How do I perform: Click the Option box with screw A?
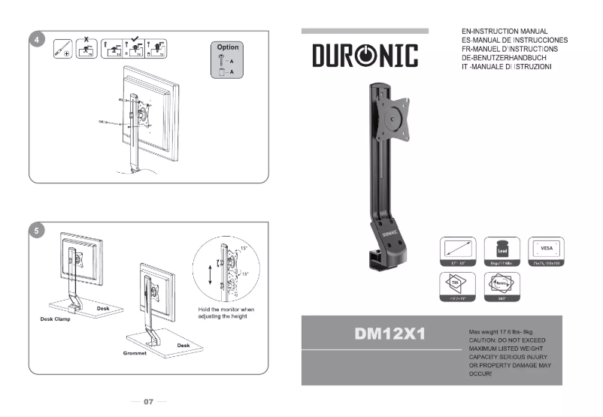pyautogui.click(x=228, y=60)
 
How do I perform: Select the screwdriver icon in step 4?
pyautogui.click(x=63, y=50)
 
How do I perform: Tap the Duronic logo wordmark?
pyautogui.click(x=365, y=56)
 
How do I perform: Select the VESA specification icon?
pyautogui.click(x=547, y=249)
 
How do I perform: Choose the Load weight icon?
pyautogui.click(x=501, y=249)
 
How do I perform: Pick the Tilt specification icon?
pyautogui.click(x=456, y=285)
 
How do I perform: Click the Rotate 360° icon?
pyautogui.click(x=501, y=285)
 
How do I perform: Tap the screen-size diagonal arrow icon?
pyautogui.click(x=456, y=249)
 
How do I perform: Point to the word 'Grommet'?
pyautogui.click(x=135, y=352)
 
